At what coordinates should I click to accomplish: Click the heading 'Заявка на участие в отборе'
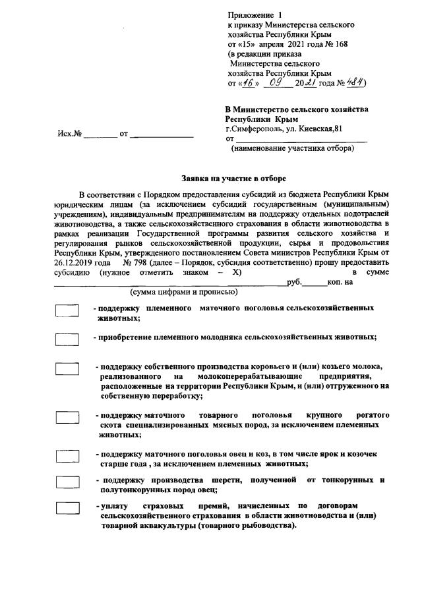(x=234, y=178)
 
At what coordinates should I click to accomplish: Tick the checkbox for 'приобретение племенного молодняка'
(x=67, y=339)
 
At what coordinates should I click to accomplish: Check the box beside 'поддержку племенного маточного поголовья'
(x=67, y=311)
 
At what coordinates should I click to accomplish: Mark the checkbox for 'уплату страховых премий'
(x=67, y=508)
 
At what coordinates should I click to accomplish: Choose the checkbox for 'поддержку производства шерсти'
(x=67, y=482)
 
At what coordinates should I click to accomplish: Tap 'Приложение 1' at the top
(x=253, y=14)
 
